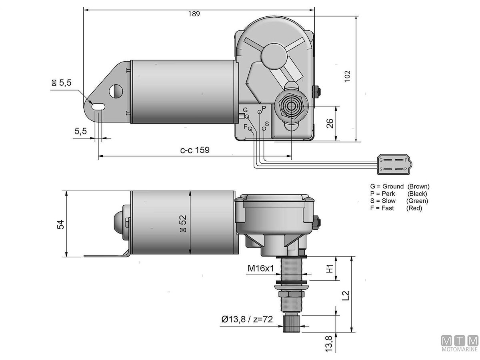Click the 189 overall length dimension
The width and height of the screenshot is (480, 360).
pyautogui.click(x=194, y=14)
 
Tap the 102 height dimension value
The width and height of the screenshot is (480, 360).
pyautogui.click(x=347, y=76)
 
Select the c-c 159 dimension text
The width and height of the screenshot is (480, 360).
pyautogui.click(x=195, y=150)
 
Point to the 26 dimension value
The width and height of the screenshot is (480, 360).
pyautogui.click(x=330, y=124)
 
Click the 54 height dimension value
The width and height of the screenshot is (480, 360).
pyautogui.click(x=60, y=224)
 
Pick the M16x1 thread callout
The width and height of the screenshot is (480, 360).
pyautogui.click(x=261, y=268)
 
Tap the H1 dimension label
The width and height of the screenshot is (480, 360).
pyautogui.click(x=330, y=268)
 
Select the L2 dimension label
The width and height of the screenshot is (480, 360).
pyautogui.click(x=346, y=296)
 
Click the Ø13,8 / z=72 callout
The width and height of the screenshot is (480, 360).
pyautogui.click(x=247, y=319)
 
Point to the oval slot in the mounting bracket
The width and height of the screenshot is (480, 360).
pyautogui.click(x=98, y=107)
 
